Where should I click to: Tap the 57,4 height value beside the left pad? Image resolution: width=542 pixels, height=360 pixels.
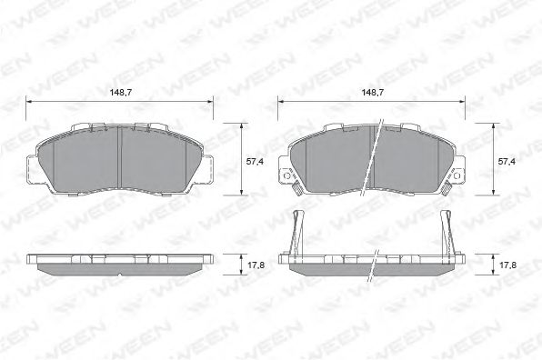point(256,160)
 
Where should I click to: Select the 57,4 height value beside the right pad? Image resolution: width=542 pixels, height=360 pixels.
point(507,160)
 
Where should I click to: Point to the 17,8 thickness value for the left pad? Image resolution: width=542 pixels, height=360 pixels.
point(256,265)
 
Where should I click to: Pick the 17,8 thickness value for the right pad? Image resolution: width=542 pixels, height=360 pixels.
point(507,265)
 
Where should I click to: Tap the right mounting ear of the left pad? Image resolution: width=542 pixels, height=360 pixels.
point(209,169)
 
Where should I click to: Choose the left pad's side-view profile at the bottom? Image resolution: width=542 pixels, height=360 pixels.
point(120,265)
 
